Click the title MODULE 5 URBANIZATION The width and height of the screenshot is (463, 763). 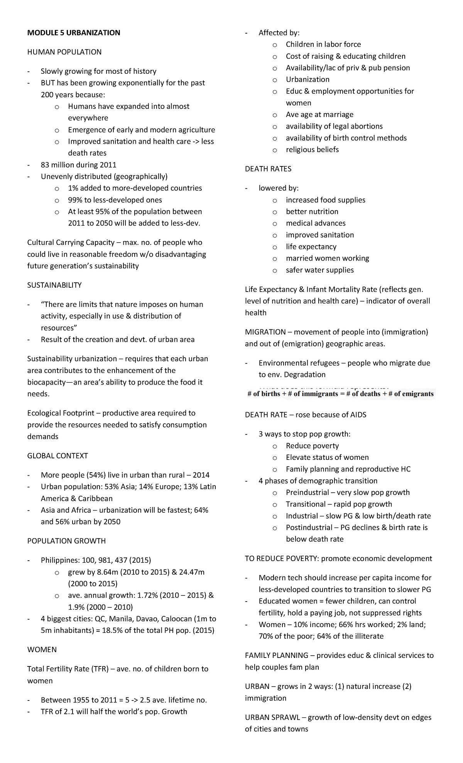tap(73, 33)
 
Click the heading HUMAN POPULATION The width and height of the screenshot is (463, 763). tap(64, 52)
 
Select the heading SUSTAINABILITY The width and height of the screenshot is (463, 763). tap(54, 285)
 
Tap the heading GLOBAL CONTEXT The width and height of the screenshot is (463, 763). tap(57, 456)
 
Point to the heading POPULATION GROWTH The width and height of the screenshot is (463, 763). tap(66, 541)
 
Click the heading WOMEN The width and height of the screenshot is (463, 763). tap(42, 649)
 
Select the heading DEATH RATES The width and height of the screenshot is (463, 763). tap(268, 169)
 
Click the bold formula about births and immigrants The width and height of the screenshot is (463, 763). tap(340, 394)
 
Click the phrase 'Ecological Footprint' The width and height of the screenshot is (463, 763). tap(61, 413)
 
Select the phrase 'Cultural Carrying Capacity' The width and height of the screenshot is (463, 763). tap(71, 242)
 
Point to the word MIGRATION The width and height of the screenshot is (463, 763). tap(265, 332)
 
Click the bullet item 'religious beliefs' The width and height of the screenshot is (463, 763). tap(312, 150)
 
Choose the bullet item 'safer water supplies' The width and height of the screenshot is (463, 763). tap(319, 270)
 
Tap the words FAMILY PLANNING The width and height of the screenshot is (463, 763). tap(276, 655)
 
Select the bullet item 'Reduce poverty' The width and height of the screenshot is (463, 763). tap(312, 446)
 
